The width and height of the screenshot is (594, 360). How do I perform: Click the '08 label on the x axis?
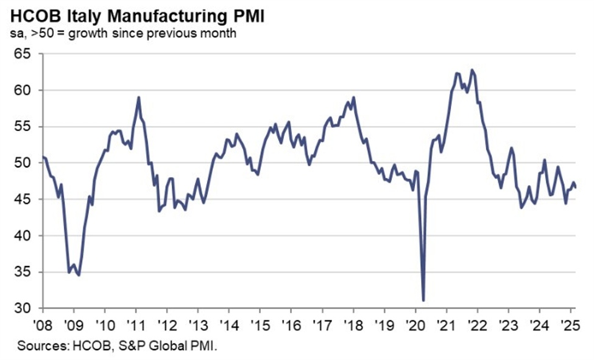click(x=42, y=324)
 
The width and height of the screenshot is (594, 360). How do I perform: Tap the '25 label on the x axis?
click(x=569, y=324)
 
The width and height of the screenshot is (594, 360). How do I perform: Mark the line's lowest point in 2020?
click(x=423, y=300)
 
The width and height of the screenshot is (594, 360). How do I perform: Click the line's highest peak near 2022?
click(x=472, y=69)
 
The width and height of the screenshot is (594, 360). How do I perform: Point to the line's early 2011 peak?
click(x=139, y=97)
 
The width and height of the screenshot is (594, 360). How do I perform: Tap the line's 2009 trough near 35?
click(x=79, y=275)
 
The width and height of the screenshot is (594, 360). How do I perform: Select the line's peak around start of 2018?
click(x=353, y=97)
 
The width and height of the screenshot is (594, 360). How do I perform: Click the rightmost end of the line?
click(x=577, y=188)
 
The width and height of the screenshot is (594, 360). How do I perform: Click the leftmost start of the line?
click(x=43, y=158)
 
